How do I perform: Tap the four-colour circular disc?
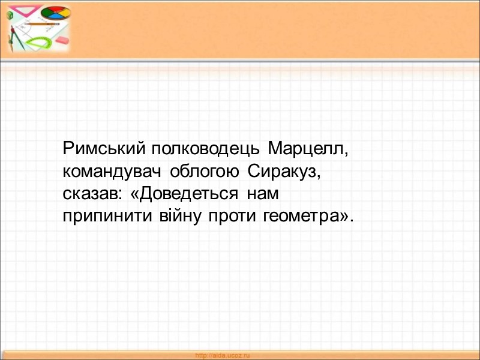click(55, 13)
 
